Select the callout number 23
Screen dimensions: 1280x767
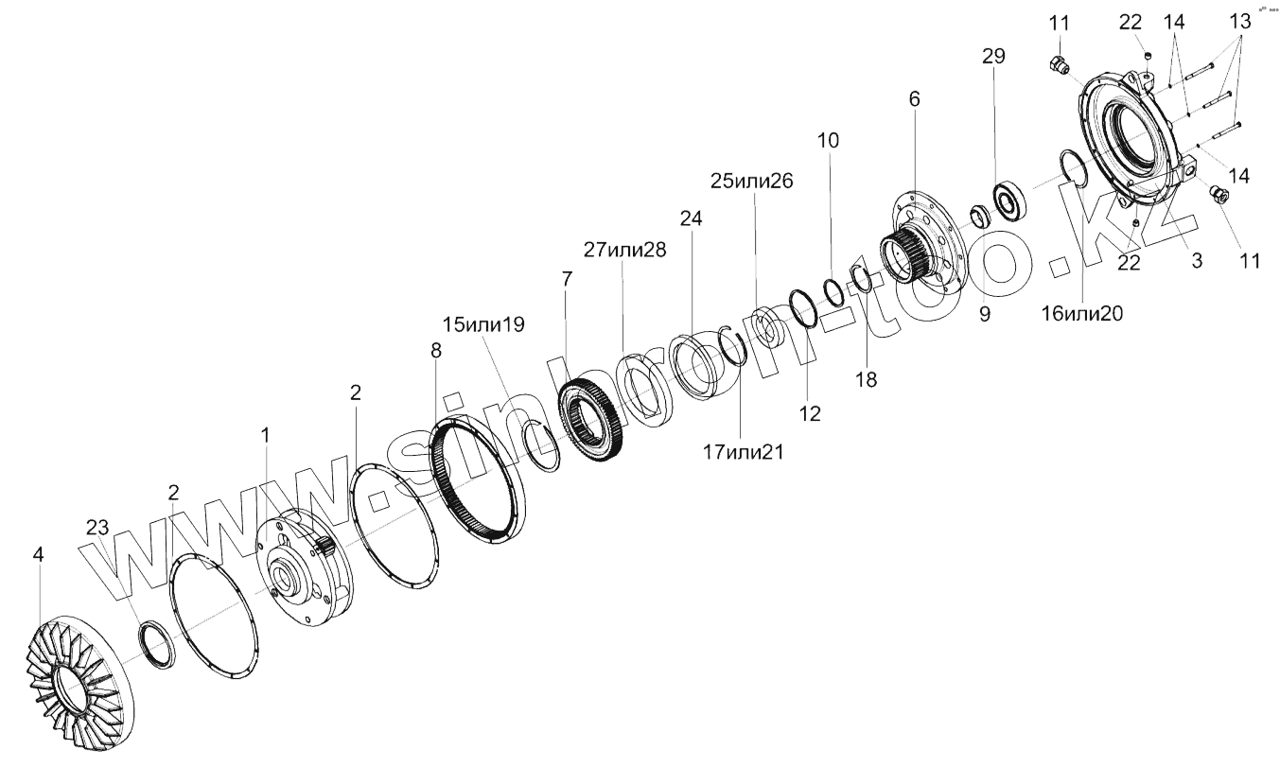(x=97, y=528)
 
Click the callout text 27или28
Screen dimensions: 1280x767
(x=624, y=250)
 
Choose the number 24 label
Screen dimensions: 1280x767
(x=692, y=218)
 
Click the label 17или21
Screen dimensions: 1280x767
(x=743, y=453)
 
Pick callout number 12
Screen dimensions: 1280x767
(x=810, y=413)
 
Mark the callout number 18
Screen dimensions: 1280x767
(x=866, y=379)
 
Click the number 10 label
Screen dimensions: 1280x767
(x=828, y=140)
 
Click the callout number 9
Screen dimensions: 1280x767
(x=984, y=315)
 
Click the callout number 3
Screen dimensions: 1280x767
(x=1197, y=262)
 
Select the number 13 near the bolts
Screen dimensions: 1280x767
(x=1239, y=22)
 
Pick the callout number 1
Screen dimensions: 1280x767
(x=266, y=434)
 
